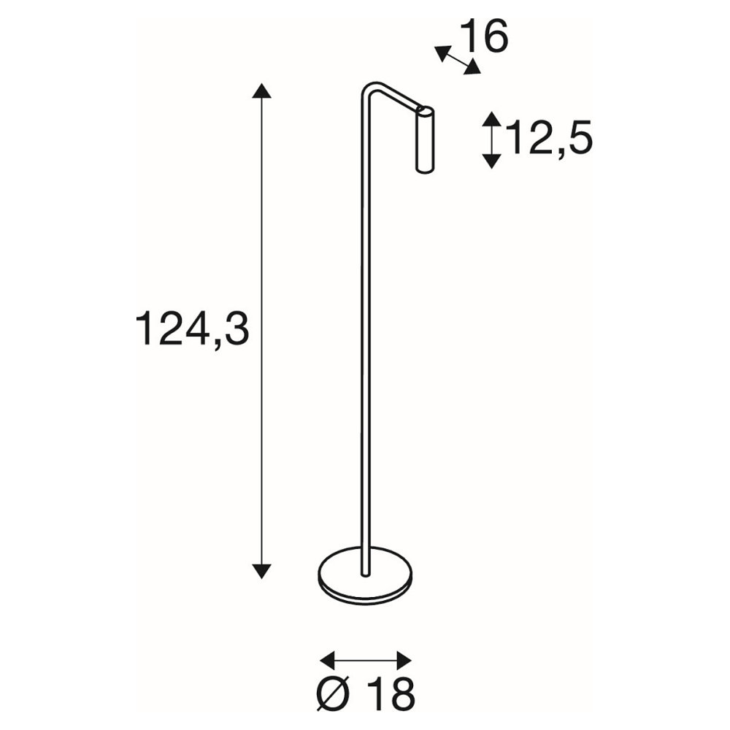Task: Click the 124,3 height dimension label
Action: (192, 329)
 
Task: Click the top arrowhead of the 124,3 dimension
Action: (261, 91)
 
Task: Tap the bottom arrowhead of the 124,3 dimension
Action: (261, 571)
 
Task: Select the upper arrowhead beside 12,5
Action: (491, 119)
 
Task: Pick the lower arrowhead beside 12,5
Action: (491, 160)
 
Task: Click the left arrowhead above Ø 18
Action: (328, 660)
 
